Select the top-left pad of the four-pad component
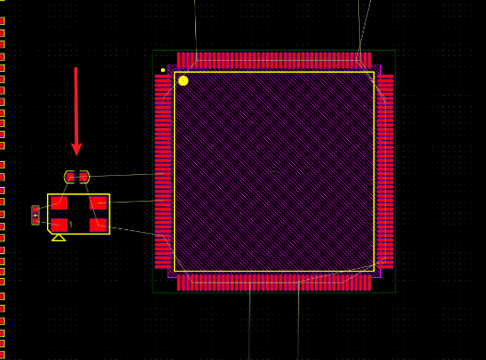[59, 203]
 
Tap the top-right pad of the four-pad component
[98, 203]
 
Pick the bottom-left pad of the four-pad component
[59, 225]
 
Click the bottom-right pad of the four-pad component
[98, 225]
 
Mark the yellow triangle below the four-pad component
[58, 238]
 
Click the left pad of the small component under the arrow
[71, 177]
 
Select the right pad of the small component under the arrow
[84, 177]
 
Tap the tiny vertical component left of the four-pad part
[35, 215]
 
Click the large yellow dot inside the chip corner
[183, 81]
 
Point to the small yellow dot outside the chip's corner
[163, 70]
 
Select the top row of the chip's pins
[273, 60]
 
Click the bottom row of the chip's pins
[273, 283]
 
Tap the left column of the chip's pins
[162, 171]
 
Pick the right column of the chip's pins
[386, 171]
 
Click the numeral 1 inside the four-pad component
[71, 225]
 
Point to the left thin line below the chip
[249, 322]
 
